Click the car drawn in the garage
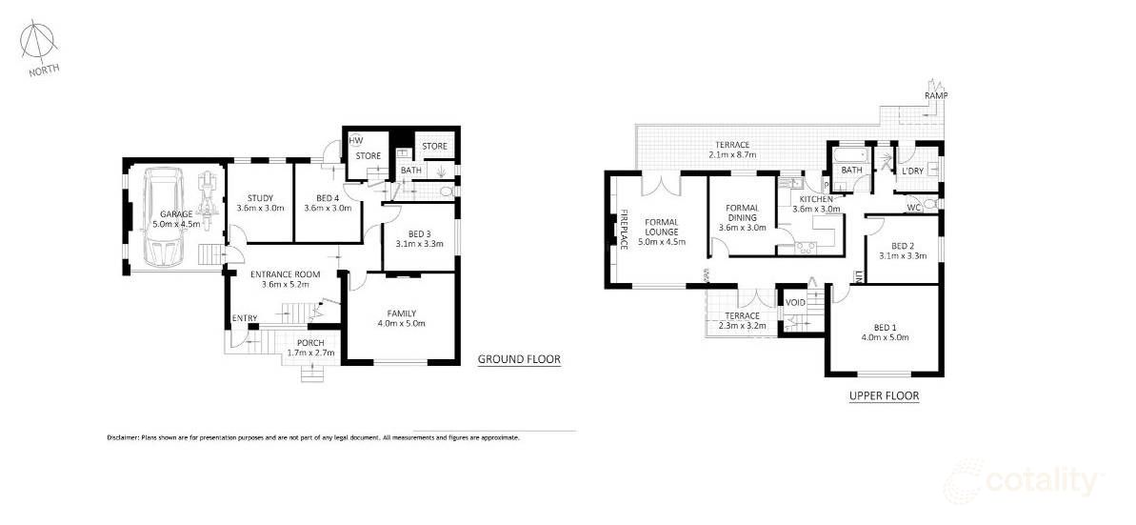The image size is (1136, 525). [163, 220]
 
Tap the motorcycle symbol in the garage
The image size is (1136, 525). [208, 189]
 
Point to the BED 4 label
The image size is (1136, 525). [321, 198]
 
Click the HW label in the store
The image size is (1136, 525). [355, 140]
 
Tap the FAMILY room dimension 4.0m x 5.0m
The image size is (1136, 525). [400, 324]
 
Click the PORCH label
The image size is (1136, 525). [310, 343]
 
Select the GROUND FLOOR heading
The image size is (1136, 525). [518, 360]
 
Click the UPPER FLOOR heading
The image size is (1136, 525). [884, 395]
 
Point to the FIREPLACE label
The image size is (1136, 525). [625, 229]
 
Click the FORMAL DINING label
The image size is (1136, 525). [741, 213]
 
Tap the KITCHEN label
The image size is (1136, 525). [816, 198]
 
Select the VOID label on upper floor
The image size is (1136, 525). [795, 302]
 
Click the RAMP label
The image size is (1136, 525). [936, 96]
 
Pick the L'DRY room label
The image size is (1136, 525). [912, 171]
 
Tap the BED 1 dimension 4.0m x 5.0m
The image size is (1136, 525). [886, 336]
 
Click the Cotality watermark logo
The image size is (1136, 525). [1024, 481]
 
